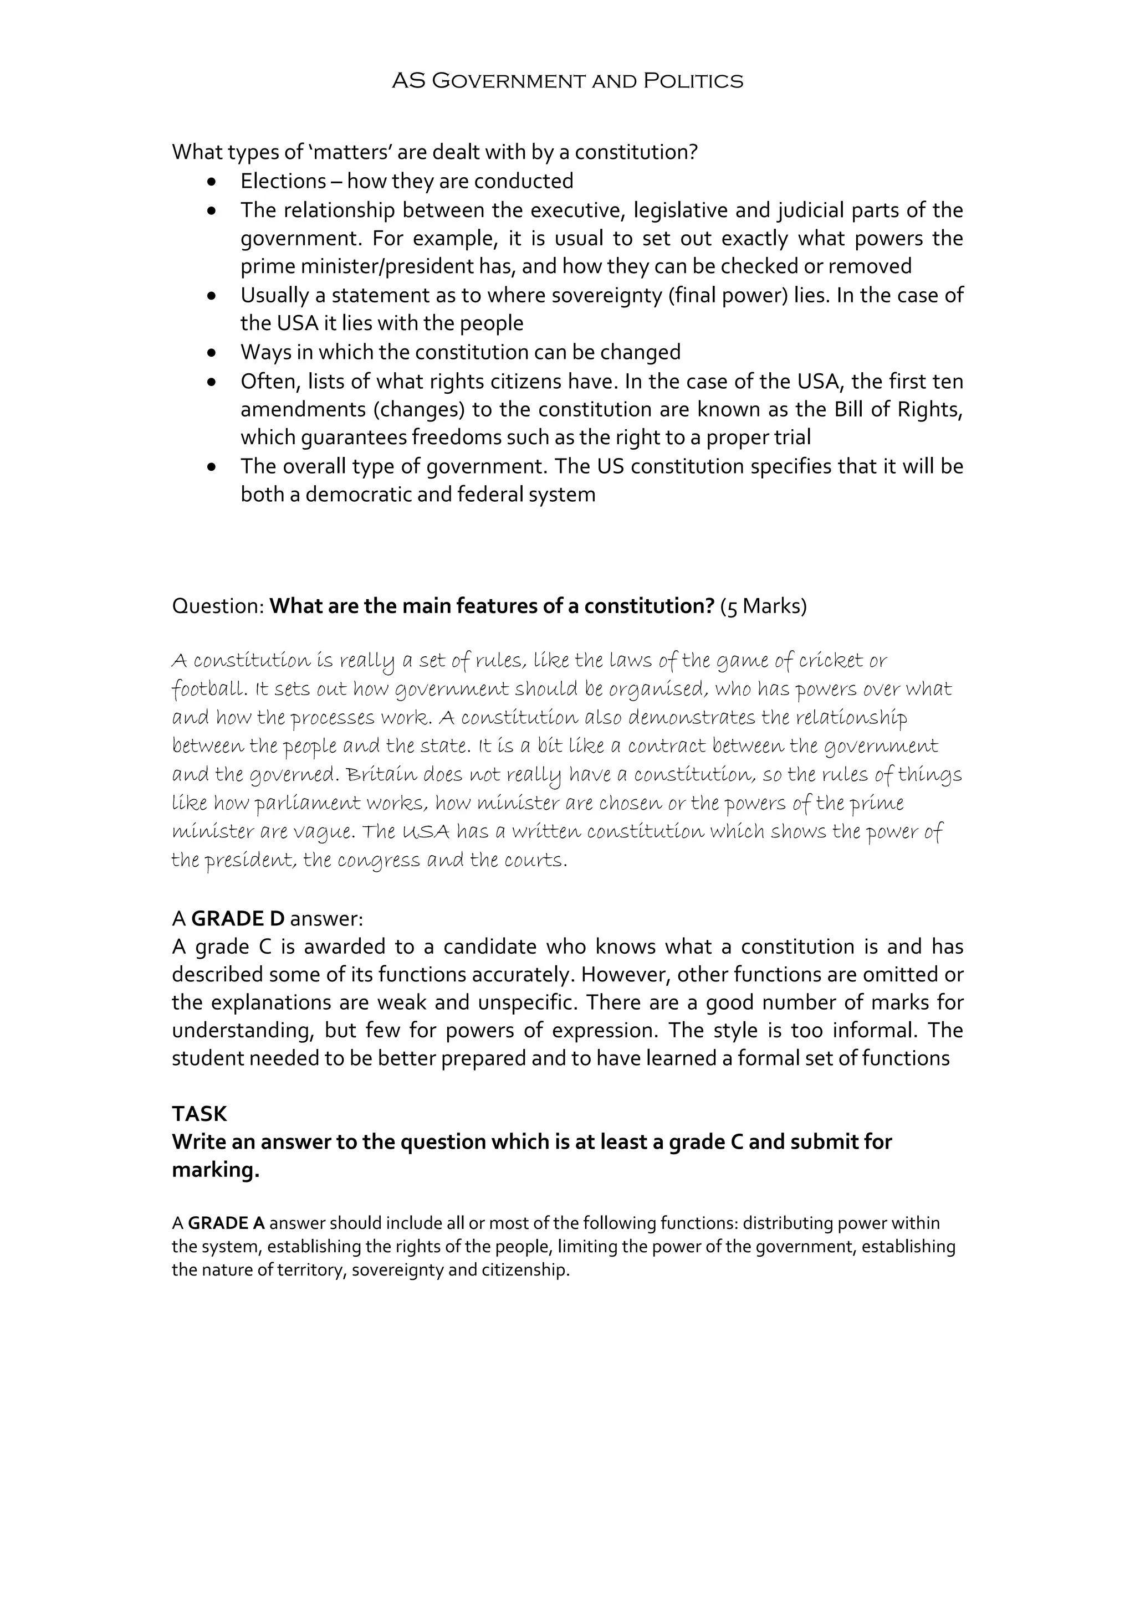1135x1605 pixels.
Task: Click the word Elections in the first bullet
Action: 283,181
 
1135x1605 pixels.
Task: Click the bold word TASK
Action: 200,1114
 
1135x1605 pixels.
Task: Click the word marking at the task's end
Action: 216,1170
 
